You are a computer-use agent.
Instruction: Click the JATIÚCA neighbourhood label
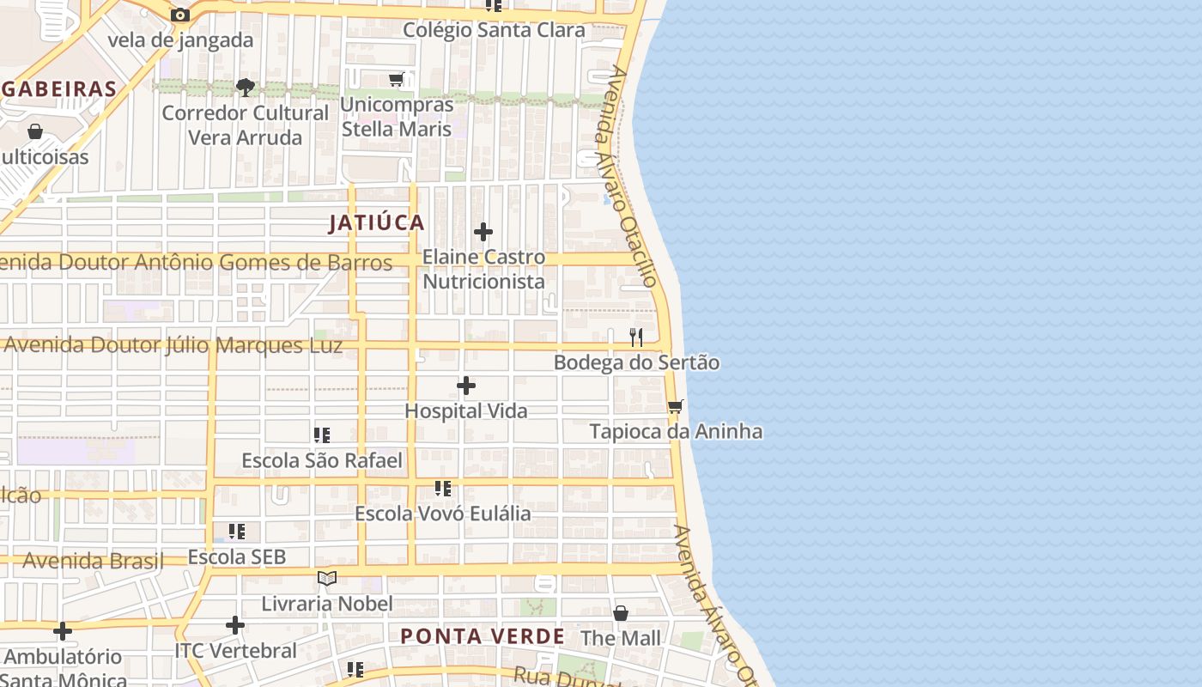coord(377,223)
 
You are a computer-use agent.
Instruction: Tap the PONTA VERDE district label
coord(483,637)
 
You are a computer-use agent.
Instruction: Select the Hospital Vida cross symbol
coord(466,386)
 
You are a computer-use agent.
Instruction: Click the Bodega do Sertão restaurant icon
coord(636,337)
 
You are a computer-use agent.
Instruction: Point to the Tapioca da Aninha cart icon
coord(676,406)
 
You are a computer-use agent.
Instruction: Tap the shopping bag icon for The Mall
coord(621,613)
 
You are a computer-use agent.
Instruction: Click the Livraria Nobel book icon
coord(326,578)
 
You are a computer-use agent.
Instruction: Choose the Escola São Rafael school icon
coord(322,435)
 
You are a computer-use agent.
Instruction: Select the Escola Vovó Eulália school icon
coord(443,489)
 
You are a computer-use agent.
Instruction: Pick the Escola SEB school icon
coord(237,532)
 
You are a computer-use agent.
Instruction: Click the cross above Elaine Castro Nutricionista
coord(483,232)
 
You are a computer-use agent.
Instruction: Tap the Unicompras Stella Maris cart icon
coord(396,80)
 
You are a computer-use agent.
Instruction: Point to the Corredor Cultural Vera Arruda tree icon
coord(246,87)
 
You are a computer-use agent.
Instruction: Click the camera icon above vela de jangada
coord(180,15)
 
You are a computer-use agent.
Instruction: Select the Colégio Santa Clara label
coord(494,30)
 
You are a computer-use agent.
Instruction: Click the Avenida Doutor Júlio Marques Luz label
coord(173,346)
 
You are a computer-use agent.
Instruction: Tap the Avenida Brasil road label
coord(93,562)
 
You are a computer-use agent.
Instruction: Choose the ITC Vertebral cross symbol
coord(235,625)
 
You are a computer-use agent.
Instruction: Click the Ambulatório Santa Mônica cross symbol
coord(63,632)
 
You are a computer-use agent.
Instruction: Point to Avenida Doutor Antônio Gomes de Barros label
coord(195,263)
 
